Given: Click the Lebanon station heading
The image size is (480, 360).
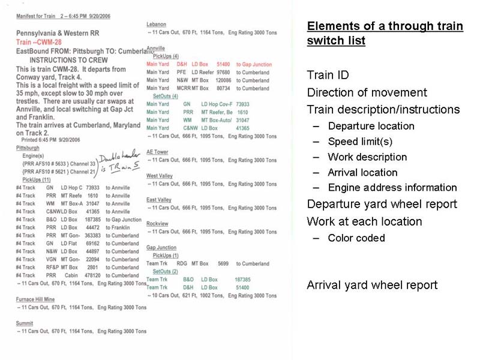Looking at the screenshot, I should point(156,24).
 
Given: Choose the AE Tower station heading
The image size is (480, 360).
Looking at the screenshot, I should point(157,152).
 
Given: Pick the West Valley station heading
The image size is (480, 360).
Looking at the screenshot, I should point(159,176).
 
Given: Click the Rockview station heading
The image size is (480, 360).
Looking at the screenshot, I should point(157,223).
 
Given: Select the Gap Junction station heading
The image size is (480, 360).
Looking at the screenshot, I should point(161,247).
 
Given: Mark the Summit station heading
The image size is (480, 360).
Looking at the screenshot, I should point(25,323).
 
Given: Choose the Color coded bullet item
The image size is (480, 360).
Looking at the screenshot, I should point(356,238).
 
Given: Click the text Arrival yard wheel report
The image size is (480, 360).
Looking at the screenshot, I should point(372,285).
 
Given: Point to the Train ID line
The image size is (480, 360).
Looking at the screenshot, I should point(328,76).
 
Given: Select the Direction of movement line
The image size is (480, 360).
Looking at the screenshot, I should point(367,93).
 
